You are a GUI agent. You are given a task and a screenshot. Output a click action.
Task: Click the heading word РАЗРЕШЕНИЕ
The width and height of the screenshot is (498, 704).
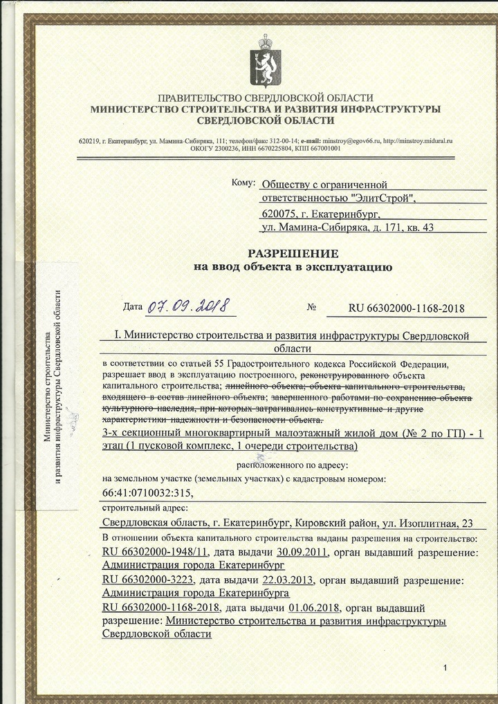point(293,253)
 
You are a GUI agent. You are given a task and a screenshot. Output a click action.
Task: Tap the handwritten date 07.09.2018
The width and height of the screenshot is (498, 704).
point(187,305)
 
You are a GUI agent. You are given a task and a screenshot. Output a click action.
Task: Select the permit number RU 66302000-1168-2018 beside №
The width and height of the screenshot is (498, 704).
point(406,308)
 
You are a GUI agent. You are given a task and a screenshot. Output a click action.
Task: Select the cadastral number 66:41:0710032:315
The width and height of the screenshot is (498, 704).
point(144,492)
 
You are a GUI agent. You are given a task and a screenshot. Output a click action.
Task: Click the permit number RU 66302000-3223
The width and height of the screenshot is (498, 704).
point(147,580)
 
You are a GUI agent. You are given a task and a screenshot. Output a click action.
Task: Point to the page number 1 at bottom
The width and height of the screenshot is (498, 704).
point(446,667)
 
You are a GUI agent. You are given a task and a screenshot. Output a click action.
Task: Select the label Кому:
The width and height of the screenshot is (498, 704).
point(243,183)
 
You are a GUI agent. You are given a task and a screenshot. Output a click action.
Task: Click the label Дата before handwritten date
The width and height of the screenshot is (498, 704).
point(132,306)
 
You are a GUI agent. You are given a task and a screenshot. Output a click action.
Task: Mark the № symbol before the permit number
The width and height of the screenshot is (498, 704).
point(311,307)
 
